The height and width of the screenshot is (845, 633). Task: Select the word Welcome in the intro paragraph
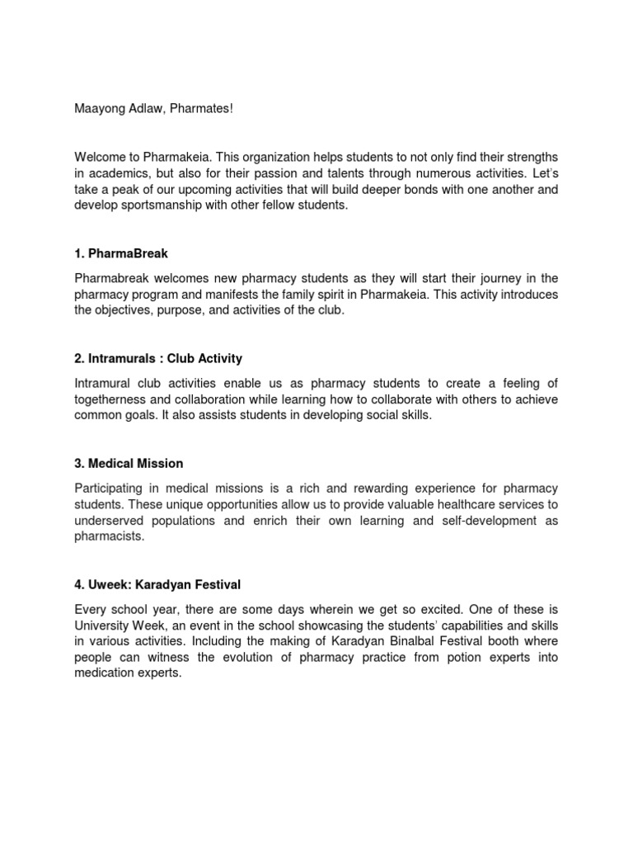pos(100,158)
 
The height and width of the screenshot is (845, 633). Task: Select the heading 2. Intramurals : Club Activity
pos(158,358)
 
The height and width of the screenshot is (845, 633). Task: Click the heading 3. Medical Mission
pos(129,463)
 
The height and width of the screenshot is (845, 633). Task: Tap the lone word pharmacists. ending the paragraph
pos(109,536)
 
